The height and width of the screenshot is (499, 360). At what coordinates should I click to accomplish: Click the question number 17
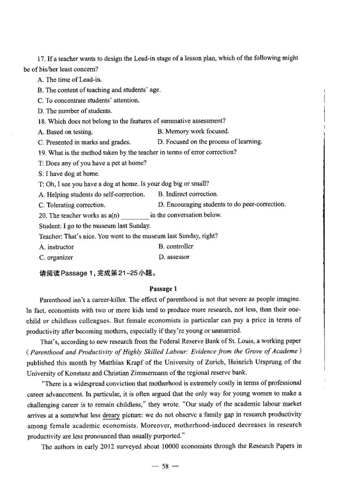pos(41,59)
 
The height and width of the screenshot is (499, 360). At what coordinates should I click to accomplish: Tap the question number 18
pos(41,121)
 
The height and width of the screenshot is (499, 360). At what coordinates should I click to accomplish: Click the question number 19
pos(41,152)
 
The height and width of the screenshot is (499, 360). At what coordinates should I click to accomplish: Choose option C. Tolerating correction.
pos(72,205)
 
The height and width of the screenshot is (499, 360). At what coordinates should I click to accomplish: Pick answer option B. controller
pos(175,246)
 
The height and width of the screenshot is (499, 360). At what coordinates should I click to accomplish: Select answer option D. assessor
pos(174,257)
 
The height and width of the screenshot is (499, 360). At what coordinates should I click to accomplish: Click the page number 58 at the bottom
pos(165,480)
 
